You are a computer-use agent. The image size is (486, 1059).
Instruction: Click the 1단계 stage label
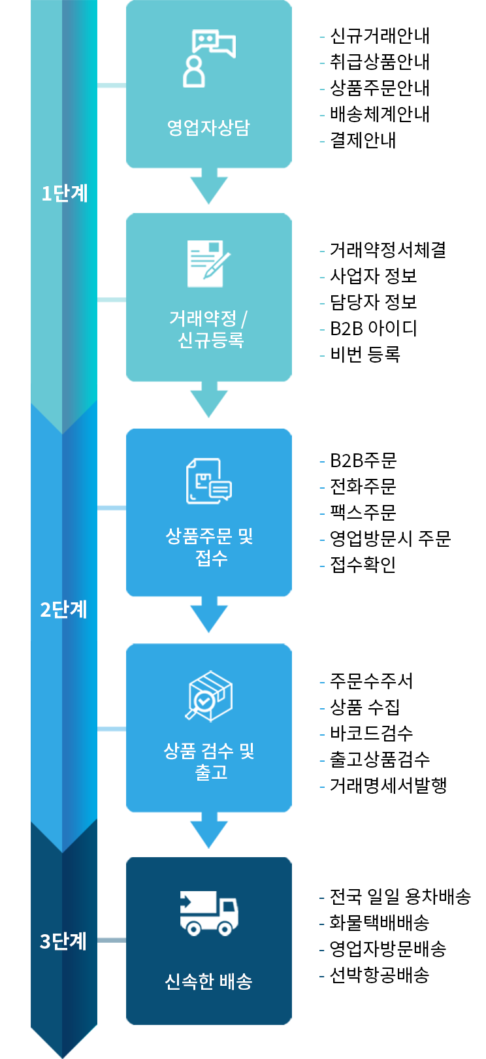(64, 193)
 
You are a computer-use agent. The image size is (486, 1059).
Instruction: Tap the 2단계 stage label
(64, 610)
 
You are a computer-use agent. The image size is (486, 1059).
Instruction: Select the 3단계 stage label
(64, 941)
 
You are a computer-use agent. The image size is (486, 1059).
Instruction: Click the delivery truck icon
(209, 913)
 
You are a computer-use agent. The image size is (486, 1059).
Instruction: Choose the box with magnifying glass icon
(209, 696)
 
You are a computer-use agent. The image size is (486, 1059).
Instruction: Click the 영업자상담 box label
(209, 127)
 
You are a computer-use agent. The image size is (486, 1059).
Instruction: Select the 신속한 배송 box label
(209, 981)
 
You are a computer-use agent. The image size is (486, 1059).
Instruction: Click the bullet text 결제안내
(363, 140)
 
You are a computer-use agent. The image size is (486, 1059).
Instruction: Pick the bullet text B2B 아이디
(374, 328)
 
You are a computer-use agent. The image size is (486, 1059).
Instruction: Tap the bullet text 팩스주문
(363, 512)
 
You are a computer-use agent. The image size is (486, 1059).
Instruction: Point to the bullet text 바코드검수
(372, 733)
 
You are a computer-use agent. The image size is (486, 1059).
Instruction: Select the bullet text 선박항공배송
(380, 975)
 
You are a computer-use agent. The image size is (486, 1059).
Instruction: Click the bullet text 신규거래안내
(380, 36)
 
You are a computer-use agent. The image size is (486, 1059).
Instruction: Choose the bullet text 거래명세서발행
(388, 785)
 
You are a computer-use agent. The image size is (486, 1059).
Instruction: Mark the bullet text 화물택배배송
(380, 922)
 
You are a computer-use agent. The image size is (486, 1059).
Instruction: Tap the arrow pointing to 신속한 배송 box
(209, 831)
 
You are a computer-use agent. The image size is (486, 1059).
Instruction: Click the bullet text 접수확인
(363, 564)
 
